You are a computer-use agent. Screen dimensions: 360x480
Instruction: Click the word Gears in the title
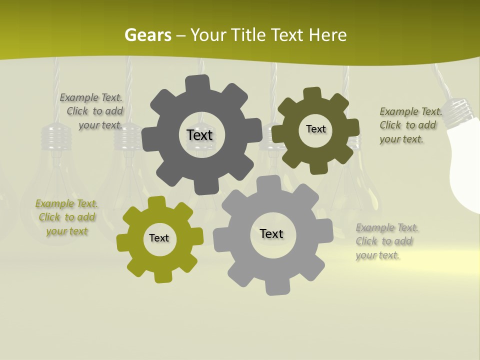(147, 35)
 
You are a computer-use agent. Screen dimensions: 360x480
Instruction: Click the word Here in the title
(327, 35)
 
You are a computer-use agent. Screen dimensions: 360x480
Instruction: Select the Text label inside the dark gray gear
(199, 135)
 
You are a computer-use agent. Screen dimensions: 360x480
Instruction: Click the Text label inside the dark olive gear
(315, 129)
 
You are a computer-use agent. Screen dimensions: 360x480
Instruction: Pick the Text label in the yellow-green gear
(159, 238)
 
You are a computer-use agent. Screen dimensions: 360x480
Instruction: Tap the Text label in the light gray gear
(271, 233)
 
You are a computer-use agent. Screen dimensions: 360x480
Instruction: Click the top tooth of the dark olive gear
(312, 93)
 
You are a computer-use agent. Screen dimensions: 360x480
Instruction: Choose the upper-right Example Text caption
(410, 125)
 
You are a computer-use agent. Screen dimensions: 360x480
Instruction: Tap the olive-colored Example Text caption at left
(67, 217)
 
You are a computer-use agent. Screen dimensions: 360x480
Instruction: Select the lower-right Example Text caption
(386, 241)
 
